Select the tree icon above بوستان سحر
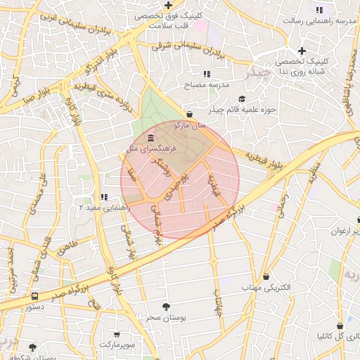[166, 307]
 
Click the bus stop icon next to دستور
[34, 297]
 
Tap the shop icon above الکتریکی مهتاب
[266, 276]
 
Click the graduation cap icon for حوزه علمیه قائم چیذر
[243, 99]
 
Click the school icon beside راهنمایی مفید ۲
[104, 197]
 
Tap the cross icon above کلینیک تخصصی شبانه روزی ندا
[302, 51]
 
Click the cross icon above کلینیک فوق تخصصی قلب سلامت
[169, 5]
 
